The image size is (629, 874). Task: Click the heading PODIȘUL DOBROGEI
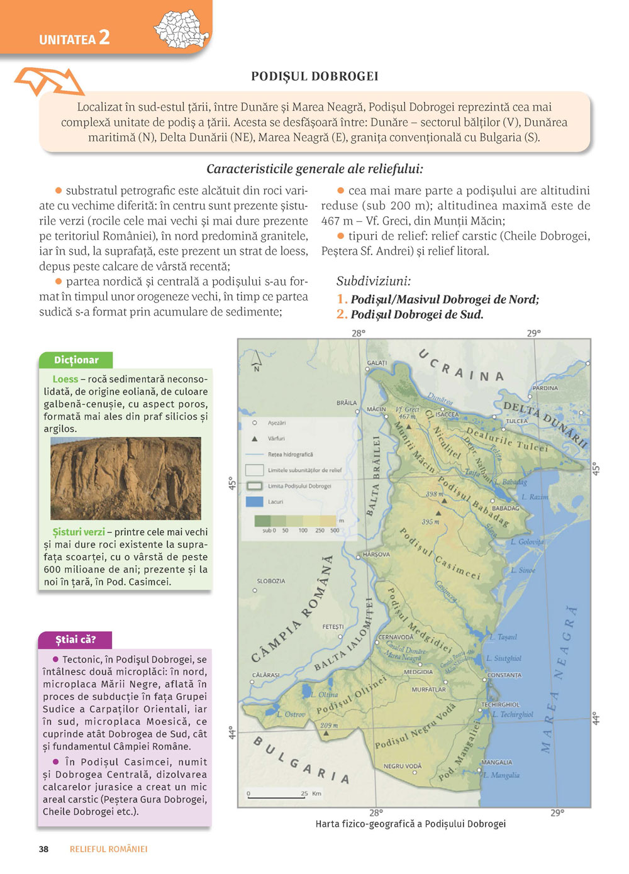click(314, 77)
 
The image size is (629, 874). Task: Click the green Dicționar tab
click(76, 360)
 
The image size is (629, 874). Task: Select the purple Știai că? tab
click(75, 640)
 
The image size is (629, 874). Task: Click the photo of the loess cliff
click(126, 478)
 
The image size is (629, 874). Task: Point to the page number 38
click(43, 849)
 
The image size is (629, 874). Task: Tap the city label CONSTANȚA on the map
click(504, 675)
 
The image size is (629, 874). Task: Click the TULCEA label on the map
click(517, 421)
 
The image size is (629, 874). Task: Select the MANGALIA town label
click(497, 763)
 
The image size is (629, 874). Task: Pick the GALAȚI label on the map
click(377, 363)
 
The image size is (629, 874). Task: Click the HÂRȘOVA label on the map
click(376, 555)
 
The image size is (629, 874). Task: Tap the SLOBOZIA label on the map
click(271, 581)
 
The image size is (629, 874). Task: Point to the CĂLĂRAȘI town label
click(265, 675)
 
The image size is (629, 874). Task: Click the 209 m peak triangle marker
click(326, 733)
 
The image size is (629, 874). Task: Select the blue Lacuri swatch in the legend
click(254, 502)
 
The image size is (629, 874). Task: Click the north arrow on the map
click(256, 361)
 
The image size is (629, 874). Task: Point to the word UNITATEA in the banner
click(67, 40)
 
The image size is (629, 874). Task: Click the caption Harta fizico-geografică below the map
click(410, 824)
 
